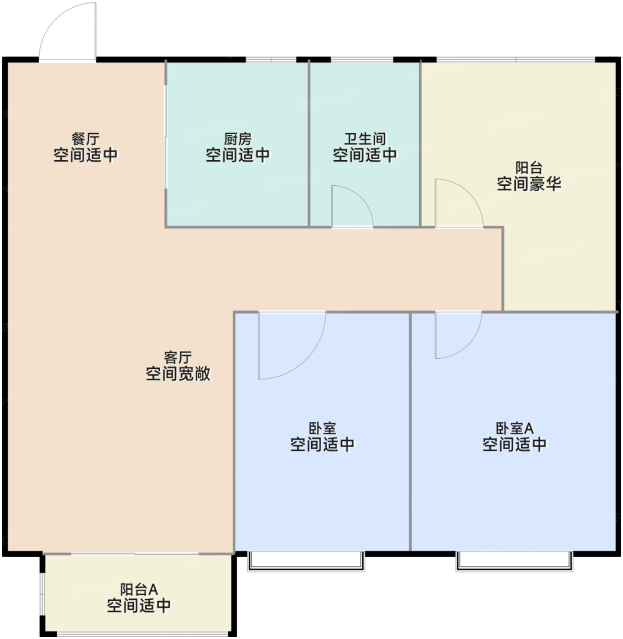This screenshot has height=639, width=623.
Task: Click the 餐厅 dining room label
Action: pos(85,139)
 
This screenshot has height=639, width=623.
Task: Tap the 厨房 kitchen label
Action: pos(238,139)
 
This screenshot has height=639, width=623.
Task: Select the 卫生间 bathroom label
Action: pos(365,139)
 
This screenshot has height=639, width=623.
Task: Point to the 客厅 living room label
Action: pos(178,357)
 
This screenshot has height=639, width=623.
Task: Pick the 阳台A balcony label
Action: pos(139,589)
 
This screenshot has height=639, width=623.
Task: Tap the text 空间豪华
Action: pos(529,183)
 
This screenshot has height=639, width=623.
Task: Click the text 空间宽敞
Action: pos(178,373)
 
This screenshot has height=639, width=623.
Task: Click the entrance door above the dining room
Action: pos(68,31)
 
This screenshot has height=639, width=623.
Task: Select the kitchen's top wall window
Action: pos(271,59)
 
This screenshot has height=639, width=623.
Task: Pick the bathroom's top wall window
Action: pos(362,59)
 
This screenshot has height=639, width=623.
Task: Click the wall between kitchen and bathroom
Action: pos(309,143)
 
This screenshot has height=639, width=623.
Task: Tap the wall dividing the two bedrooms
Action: pos(410,432)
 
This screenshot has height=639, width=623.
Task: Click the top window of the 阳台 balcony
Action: pos(516,59)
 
